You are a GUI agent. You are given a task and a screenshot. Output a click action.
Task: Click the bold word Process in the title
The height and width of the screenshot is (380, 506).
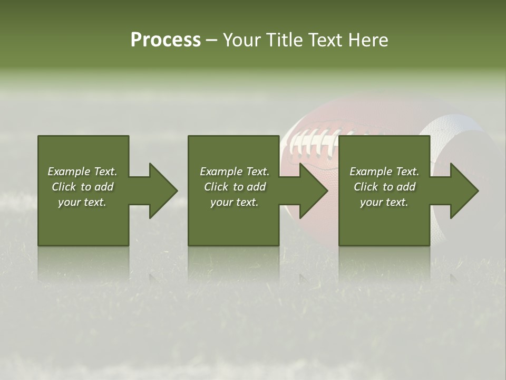pyautogui.click(x=166, y=40)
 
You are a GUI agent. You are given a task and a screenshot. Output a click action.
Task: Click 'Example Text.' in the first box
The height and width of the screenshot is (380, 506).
pyautogui.click(x=82, y=172)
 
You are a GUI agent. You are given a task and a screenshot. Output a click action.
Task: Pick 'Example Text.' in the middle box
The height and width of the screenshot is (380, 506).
pyautogui.click(x=235, y=172)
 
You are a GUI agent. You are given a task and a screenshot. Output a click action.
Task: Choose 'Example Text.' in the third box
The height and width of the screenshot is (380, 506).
pyautogui.click(x=384, y=172)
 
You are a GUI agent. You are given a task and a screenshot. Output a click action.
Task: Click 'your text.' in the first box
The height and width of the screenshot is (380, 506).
pyautogui.click(x=82, y=202)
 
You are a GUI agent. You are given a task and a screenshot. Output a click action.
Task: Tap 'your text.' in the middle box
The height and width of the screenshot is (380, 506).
pyautogui.click(x=235, y=202)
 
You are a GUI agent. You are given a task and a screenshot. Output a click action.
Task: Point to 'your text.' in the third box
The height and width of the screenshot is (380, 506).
pyautogui.click(x=384, y=202)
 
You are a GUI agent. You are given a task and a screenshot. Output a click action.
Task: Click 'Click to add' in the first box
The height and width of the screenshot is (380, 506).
pyautogui.click(x=82, y=187)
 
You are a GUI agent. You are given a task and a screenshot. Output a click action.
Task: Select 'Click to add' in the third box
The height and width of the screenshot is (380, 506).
pyautogui.click(x=384, y=187)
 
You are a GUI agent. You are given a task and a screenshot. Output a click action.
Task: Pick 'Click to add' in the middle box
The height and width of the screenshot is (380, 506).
pyautogui.click(x=235, y=187)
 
